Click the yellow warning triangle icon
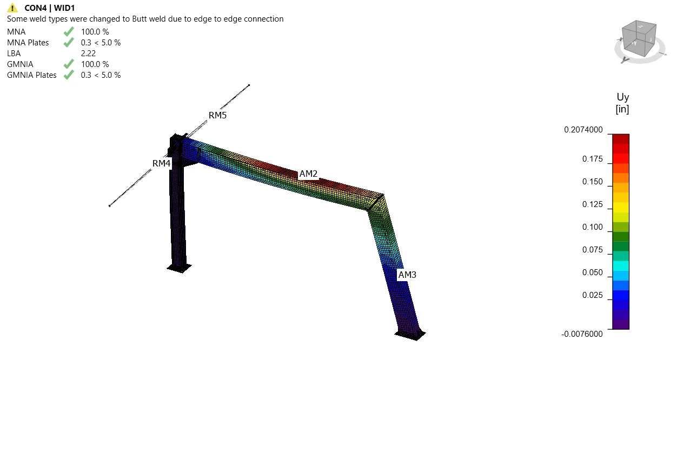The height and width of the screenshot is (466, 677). click(x=12, y=8)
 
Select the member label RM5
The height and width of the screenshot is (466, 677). click(x=217, y=115)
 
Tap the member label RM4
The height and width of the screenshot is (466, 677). click(x=161, y=163)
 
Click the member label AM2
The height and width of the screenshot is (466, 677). click(x=308, y=174)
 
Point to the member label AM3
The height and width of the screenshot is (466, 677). click(x=407, y=275)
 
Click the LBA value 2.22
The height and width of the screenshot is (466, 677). click(x=88, y=54)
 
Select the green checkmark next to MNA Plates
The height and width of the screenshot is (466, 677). click(x=69, y=42)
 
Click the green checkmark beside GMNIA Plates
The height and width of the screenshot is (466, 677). click(x=69, y=75)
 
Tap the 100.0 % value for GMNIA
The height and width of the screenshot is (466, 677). click(x=95, y=64)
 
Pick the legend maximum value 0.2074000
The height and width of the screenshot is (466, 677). click(x=583, y=130)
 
